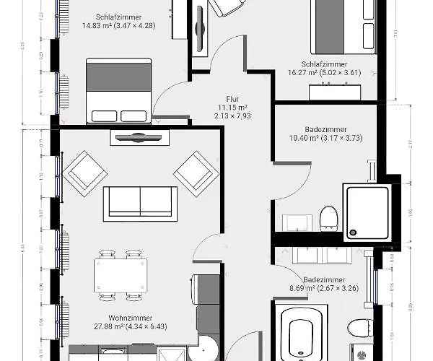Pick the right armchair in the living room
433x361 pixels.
pos(196,172)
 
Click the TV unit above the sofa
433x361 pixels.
pos(139,137)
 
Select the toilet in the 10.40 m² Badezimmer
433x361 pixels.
pos(328,217)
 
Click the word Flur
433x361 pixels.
pos(232,100)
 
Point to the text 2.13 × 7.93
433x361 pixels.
pos(232,116)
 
